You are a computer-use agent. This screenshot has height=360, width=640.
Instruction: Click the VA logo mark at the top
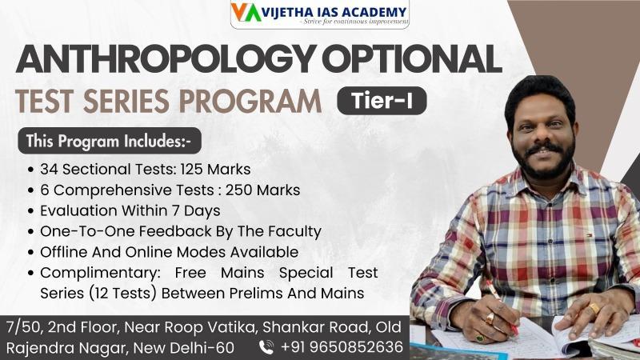tap(246, 12)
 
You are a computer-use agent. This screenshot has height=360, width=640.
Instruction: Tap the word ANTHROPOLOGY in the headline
tap(166, 58)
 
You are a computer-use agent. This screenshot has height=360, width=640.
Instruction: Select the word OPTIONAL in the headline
tap(412, 58)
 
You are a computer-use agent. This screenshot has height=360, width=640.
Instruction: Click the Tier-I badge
tap(382, 101)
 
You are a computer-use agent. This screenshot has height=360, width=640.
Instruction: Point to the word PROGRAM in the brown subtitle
tap(250, 102)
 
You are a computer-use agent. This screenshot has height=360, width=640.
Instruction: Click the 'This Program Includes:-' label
tap(110, 141)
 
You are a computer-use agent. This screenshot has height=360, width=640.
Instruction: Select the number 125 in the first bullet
tap(192, 169)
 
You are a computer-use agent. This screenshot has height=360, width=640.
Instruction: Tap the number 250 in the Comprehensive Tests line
tap(238, 190)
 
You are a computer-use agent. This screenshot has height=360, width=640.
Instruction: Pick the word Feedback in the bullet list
tap(174, 231)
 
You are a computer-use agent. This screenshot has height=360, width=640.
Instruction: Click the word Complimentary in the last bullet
tap(101, 273)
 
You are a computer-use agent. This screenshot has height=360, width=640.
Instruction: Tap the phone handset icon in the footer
tap(266, 347)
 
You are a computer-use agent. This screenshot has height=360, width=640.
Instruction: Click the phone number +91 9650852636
tap(342, 347)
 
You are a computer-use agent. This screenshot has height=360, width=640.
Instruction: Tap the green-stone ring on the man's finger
tap(479, 338)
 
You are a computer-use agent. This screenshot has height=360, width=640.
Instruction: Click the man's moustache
tap(543, 148)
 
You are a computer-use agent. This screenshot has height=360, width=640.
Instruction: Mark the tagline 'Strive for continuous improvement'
tap(355, 22)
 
